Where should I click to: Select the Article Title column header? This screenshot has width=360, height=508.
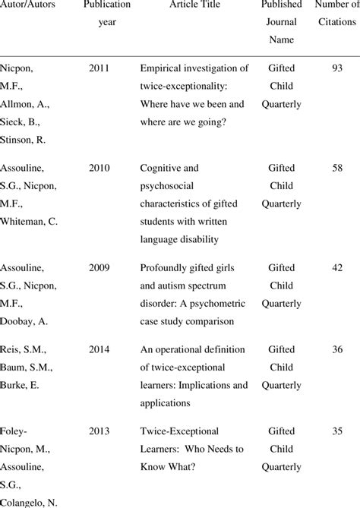[194, 5]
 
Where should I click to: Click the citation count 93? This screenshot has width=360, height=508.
[338, 69]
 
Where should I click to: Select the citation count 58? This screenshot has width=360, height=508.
[338, 169]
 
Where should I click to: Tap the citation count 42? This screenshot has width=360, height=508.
[338, 268]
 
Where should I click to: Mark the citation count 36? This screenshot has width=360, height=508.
[338, 351]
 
